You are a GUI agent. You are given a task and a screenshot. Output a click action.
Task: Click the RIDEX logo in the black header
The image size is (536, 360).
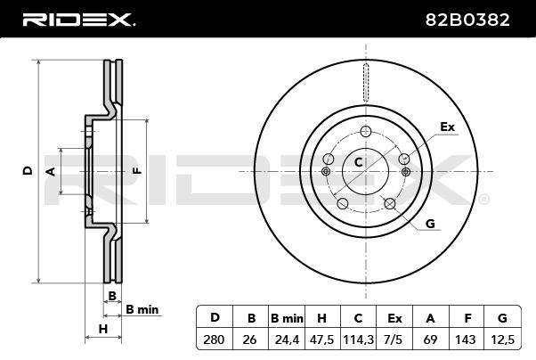click(x=79, y=20)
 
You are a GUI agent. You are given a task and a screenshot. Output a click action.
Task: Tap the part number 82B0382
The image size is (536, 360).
click(x=467, y=20)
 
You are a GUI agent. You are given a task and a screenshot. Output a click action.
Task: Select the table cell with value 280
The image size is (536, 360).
click(x=215, y=340)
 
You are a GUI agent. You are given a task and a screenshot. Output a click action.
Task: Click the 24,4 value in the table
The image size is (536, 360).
click(x=287, y=340)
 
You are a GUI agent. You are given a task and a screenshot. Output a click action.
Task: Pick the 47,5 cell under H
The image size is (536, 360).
click(x=321, y=340)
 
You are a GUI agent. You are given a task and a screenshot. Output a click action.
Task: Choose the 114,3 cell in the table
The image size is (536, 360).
click(x=358, y=340)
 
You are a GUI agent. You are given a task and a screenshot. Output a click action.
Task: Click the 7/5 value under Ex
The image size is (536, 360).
click(x=394, y=340)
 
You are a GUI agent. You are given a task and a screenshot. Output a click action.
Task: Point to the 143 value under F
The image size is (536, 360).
click(x=466, y=340)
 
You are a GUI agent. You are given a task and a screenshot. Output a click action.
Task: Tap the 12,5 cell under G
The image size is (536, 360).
click(x=502, y=340)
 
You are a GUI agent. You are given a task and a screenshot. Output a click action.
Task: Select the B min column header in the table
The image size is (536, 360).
click(x=287, y=318)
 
